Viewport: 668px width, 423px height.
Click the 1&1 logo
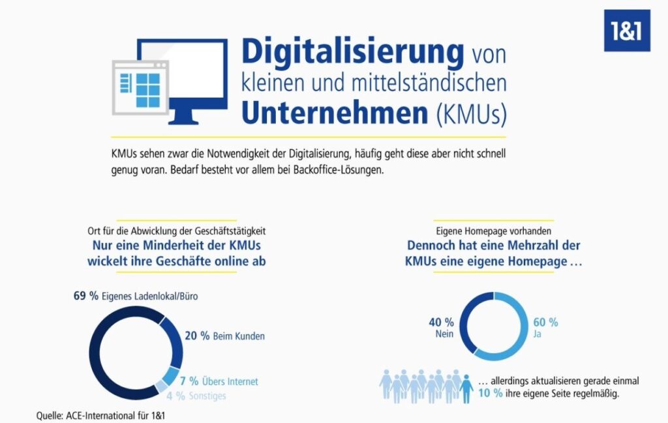coord(627,31)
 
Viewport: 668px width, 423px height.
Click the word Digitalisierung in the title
coord(353,53)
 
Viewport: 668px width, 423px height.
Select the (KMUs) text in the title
coord(471,113)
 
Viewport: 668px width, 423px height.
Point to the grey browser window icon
coord(141,88)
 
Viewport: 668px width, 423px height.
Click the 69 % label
coord(85,296)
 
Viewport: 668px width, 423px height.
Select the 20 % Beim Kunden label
coord(224,336)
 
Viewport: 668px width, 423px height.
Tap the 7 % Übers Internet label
coord(219,381)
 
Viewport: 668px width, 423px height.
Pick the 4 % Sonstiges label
coord(196,396)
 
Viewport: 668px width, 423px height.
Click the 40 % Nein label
coord(442,327)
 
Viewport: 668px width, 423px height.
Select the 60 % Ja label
coord(545,327)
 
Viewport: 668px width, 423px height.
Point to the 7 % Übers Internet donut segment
coord(172,376)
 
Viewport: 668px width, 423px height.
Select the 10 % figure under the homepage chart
coord(491,393)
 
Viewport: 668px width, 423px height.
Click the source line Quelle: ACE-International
coord(100,415)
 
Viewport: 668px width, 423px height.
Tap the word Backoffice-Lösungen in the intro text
coord(339,170)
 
